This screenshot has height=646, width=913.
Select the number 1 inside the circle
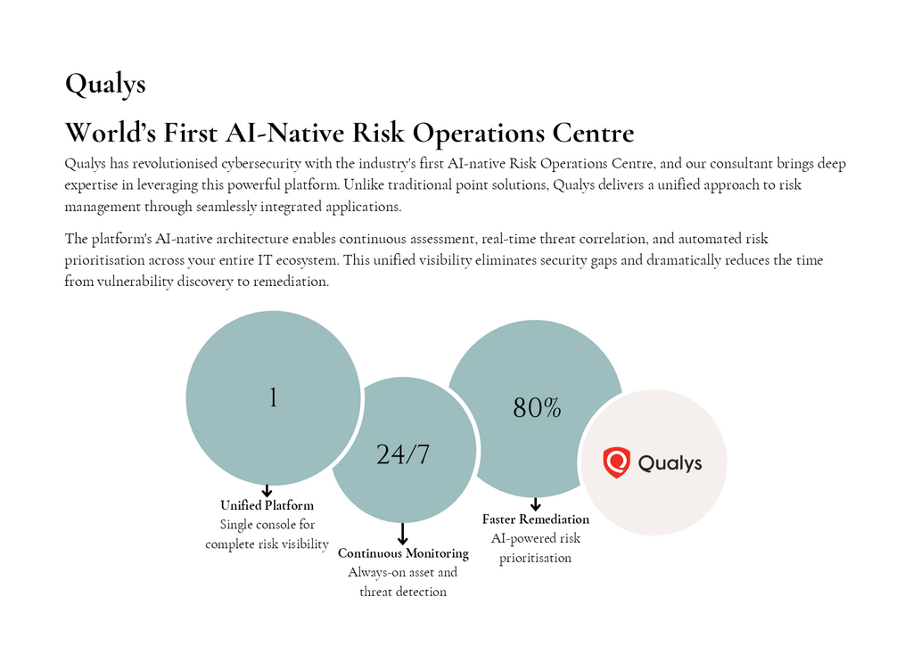273,398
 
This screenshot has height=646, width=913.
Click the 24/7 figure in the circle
403,454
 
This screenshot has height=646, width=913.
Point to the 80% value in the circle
537,408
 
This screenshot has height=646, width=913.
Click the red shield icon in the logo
617,462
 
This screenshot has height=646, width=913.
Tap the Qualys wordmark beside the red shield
670,463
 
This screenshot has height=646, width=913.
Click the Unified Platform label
267,505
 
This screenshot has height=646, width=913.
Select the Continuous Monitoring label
404,553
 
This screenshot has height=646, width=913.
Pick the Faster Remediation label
536,519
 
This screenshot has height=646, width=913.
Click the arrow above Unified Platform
267,490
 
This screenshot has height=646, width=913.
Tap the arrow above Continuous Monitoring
402,534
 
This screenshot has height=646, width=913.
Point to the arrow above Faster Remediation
536,504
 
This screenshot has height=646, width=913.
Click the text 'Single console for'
267,524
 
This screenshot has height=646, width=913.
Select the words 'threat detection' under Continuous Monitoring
403,592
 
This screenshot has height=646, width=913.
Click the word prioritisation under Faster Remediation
536,558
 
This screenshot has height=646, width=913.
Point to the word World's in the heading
111,133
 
